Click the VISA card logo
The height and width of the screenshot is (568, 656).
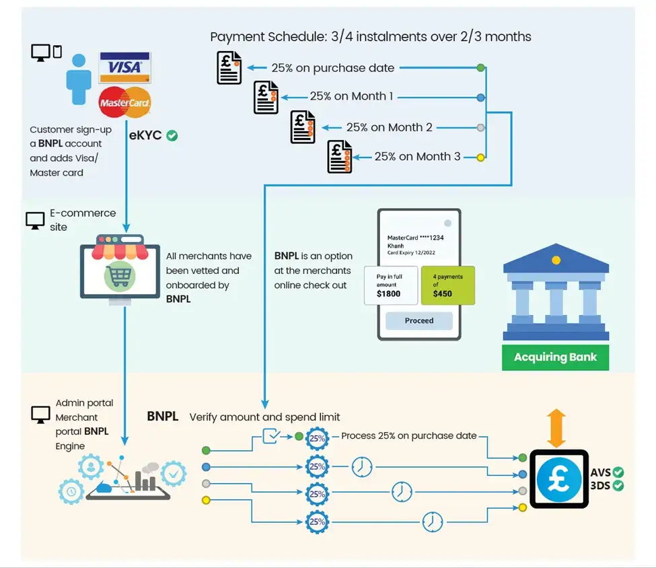pyautogui.click(x=124, y=67)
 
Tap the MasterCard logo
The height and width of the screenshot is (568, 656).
pyautogui.click(x=124, y=102)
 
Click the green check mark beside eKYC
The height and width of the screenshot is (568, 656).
pyautogui.click(x=172, y=135)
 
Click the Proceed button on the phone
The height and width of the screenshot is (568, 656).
pyautogui.click(x=418, y=320)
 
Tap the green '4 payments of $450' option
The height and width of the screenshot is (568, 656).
pyautogui.click(x=447, y=285)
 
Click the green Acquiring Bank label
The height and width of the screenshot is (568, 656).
pyautogui.click(x=555, y=357)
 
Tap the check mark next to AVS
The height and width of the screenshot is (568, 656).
pyautogui.click(x=618, y=472)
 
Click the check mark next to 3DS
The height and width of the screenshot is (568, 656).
pyautogui.click(x=618, y=485)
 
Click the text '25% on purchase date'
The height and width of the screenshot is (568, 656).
pyautogui.click(x=332, y=68)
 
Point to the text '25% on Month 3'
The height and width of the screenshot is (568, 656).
pyautogui.click(x=417, y=156)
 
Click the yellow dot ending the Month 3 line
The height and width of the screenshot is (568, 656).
pyautogui.click(x=480, y=157)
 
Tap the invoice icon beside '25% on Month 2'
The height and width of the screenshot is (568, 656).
pyautogui.click(x=303, y=127)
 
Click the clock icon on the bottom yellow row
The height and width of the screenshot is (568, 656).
pyautogui.click(x=433, y=522)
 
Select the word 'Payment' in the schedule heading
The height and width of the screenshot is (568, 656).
pyautogui.click(x=235, y=37)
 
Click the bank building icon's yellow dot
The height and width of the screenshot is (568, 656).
pyautogui.click(x=555, y=260)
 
